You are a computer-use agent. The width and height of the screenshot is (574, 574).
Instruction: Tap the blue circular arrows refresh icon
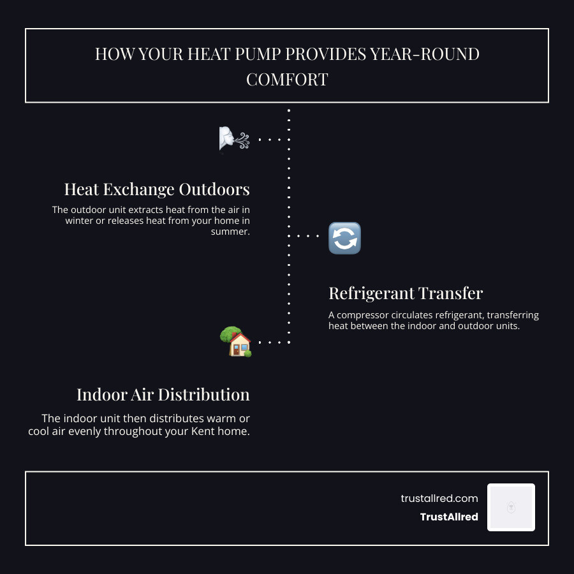(344, 238)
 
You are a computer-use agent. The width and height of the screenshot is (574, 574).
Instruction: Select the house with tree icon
(235, 342)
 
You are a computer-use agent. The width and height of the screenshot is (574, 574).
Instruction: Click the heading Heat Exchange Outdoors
(157, 189)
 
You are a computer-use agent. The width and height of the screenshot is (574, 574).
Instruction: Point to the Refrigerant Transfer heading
(406, 293)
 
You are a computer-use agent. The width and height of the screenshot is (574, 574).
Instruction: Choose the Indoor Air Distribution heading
(163, 395)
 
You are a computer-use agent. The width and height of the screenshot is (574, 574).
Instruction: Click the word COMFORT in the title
(287, 80)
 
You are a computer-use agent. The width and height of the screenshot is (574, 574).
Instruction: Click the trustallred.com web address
(439, 499)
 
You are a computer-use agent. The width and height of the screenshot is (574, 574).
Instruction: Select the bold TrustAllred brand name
(449, 517)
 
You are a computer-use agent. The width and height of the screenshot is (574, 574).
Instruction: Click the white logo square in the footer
(511, 507)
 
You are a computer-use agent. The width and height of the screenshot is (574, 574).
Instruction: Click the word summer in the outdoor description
(230, 232)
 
